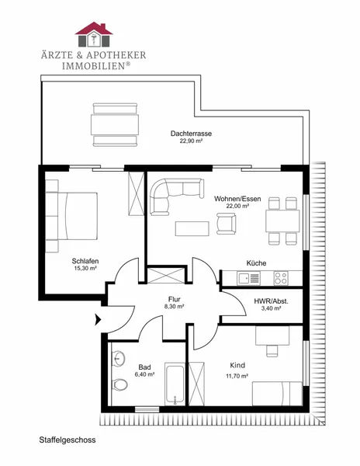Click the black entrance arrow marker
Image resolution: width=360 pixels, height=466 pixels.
coord(98,320)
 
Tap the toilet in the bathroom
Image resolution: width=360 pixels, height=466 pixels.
coord(119,384)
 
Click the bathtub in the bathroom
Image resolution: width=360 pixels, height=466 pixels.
coord(175,384)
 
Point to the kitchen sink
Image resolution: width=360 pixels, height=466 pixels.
coord(248,278)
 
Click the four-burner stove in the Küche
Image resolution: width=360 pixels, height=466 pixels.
coord(281,278)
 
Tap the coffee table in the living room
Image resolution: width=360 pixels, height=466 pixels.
coord(192,228)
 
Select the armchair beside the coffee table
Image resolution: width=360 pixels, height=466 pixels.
coord(226,224)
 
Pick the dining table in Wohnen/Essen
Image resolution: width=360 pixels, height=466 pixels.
coord(282,221)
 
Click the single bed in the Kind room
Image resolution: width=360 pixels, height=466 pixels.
coord(277,394)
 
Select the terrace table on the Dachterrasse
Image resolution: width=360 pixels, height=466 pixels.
coord(115,125)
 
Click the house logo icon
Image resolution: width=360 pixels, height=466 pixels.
coord(94,34)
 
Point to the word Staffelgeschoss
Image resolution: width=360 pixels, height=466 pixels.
coord(67,440)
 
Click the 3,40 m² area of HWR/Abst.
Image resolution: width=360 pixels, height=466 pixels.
coord(272,308)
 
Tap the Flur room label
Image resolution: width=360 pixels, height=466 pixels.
coord(175,299)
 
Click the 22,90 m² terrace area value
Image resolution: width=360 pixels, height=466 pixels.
coord(191,141)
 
